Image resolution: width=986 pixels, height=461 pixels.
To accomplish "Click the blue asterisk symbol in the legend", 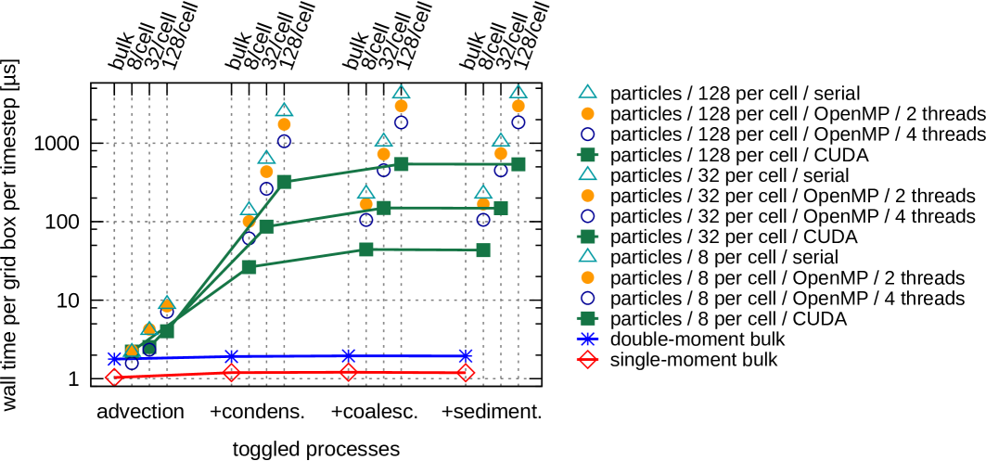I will (587, 339).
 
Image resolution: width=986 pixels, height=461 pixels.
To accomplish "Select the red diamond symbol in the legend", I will (587, 359).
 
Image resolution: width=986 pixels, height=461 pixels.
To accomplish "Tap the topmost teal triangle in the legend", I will (587, 92).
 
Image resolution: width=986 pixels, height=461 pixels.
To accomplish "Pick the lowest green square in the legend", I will (587, 318).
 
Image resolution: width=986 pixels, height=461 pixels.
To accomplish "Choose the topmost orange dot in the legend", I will (587, 113).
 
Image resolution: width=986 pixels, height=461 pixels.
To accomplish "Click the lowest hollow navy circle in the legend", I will (587, 298).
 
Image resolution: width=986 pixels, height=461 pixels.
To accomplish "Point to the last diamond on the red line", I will (466, 373).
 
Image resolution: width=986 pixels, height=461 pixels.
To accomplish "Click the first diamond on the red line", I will (114, 377).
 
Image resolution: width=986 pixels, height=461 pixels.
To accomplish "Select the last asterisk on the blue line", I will (466, 356).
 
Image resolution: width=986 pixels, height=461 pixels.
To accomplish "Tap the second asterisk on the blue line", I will (231, 357).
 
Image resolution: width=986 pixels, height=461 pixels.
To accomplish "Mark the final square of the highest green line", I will (519, 164).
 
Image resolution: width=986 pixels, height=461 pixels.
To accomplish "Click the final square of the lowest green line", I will (483, 250).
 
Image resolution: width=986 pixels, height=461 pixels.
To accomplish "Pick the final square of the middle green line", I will (501, 208).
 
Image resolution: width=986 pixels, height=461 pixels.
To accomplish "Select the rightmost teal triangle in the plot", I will (519, 92).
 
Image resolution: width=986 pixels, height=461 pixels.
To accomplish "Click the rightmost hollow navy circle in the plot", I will (519, 122).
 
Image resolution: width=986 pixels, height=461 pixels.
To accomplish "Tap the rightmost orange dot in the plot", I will (519, 106).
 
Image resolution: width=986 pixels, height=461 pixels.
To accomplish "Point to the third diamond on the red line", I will (348, 372).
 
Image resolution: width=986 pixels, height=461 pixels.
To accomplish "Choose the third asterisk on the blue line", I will (348, 356).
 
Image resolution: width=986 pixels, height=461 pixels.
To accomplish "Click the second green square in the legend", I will (587, 237).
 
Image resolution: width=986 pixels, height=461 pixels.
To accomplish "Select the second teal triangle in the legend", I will (587, 173).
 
